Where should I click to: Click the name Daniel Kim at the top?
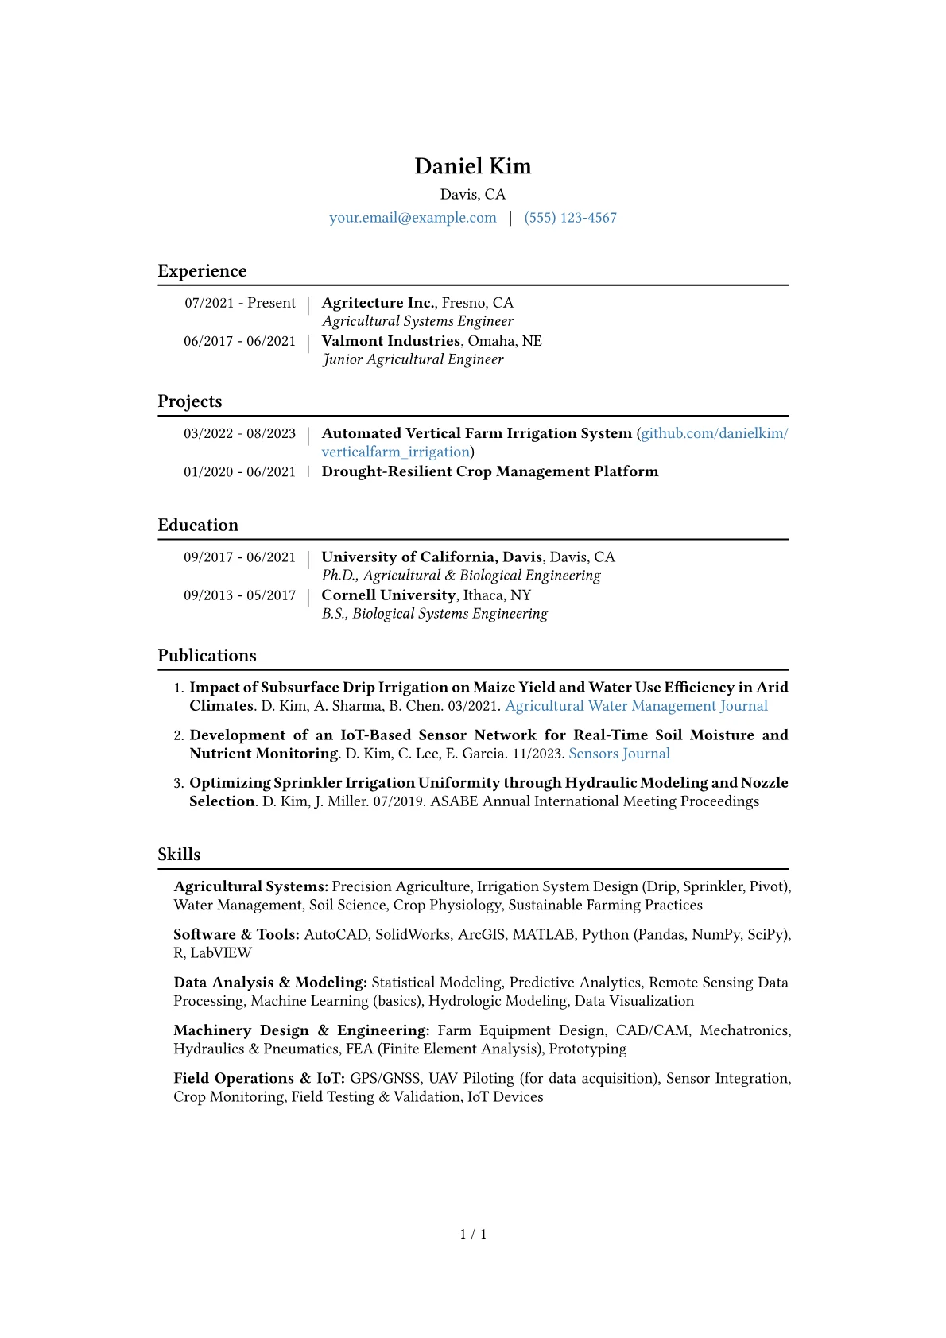tap(472, 166)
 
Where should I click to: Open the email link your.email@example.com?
tap(413, 218)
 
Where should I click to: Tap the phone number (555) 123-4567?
tap(570, 218)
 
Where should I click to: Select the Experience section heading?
tap(202, 271)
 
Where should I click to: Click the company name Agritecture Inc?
tap(378, 303)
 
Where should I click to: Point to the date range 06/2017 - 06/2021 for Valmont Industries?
tap(239, 341)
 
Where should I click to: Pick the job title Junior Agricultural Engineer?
tap(413, 359)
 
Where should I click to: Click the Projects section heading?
tap(190, 401)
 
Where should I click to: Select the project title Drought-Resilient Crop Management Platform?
tap(490, 471)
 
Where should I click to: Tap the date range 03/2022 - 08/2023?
tap(239, 433)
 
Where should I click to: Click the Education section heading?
tap(198, 526)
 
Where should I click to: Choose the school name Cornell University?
tap(388, 595)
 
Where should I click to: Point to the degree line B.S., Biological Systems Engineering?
tap(434, 614)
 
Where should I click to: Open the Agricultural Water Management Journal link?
tap(636, 706)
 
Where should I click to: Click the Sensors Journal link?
tap(619, 754)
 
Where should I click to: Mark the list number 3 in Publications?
tap(178, 783)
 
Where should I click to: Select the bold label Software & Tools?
tap(236, 935)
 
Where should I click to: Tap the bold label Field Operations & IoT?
tap(259, 1079)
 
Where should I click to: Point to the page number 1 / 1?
tap(473, 1234)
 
